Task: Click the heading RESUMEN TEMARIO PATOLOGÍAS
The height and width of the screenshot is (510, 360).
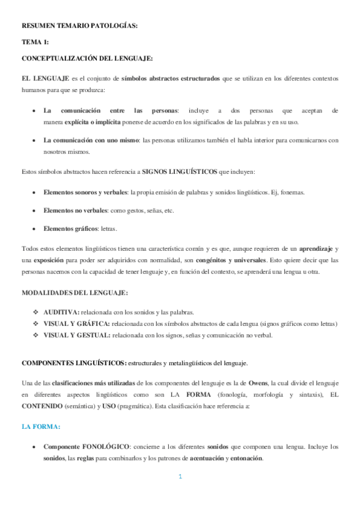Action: [79, 26]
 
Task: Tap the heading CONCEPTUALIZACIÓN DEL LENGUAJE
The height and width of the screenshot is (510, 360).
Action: [87, 58]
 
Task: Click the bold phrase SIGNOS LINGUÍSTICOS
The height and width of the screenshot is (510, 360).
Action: [180, 172]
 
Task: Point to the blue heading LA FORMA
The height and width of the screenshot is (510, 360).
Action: [41, 426]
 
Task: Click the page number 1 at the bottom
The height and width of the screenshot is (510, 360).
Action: [180, 478]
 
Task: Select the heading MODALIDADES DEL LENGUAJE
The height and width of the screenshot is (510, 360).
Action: [75, 293]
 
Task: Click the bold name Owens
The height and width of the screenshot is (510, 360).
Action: [260, 382]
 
